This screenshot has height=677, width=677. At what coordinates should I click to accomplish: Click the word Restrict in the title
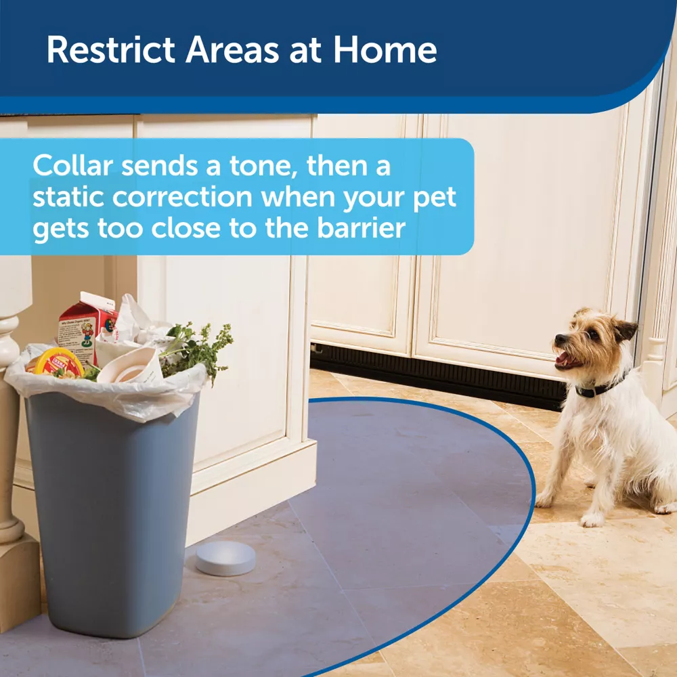pyautogui.click(x=111, y=49)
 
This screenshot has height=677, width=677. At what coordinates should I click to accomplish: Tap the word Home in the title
pyautogui.click(x=385, y=49)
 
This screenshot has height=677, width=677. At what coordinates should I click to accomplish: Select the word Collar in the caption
pyautogui.click(x=72, y=165)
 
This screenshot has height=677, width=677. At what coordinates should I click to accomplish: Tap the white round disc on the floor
pyautogui.click(x=225, y=559)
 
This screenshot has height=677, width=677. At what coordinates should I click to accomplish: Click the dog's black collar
pyautogui.click(x=598, y=389)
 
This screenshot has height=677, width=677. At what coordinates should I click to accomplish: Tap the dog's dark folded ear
pyautogui.click(x=624, y=330)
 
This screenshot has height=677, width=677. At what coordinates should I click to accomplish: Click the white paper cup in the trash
pyautogui.click(x=131, y=367)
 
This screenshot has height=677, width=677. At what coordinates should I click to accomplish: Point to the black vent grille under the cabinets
pyautogui.click(x=437, y=376)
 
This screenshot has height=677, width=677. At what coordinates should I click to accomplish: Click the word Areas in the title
pyautogui.click(x=233, y=49)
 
